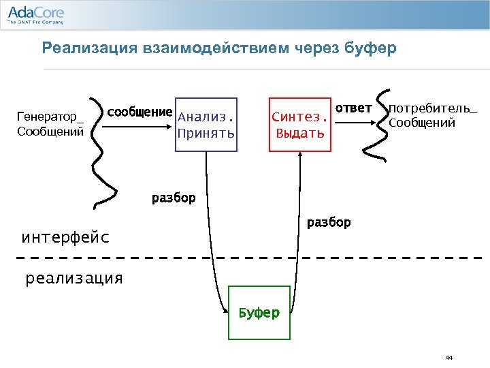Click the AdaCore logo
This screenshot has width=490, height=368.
(x=35, y=14)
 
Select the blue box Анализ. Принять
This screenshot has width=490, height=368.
(x=206, y=123)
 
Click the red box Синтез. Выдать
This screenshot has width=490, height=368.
(x=299, y=123)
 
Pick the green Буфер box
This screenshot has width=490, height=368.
(x=258, y=313)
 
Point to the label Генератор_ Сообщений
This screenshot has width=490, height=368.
(x=50, y=123)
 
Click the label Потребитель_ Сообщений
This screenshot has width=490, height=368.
(x=431, y=116)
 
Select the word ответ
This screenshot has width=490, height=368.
(x=354, y=108)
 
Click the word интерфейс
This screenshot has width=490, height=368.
(x=65, y=238)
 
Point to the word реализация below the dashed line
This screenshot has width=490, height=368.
(x=74, y=278)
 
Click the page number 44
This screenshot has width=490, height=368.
(x=448, y=357)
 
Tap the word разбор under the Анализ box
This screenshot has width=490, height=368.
(x=173, y=198)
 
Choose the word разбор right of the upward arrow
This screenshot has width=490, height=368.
(x=329, y=222)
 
